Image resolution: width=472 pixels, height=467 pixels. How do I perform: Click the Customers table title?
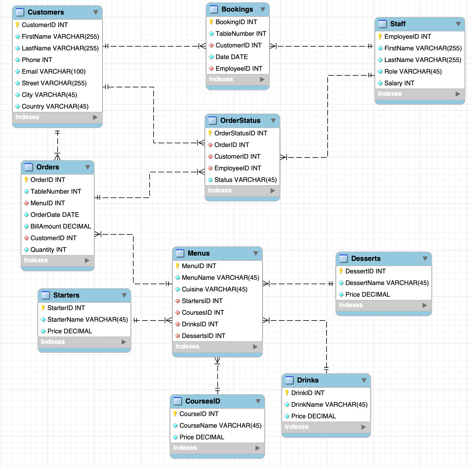(46, 12)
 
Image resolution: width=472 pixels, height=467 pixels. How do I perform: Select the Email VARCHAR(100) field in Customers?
(54, 72)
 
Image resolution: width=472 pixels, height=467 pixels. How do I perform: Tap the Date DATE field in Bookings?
(232, 57)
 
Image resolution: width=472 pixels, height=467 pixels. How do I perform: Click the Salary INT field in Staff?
(399, 83)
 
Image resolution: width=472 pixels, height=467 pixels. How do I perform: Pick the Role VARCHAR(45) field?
(413, 72)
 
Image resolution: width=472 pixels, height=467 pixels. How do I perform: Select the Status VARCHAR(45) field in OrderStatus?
(245, 180)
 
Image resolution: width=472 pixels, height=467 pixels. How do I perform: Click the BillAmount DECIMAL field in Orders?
(61, 227)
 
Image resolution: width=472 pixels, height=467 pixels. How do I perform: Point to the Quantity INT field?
(48, 250)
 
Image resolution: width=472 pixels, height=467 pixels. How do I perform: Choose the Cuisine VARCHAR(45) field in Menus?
(214, 289)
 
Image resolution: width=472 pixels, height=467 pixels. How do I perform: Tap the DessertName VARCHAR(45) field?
(387, 283)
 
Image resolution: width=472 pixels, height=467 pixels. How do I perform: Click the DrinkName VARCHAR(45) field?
(329, 405)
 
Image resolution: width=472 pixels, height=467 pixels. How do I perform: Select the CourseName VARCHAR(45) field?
(220, 426)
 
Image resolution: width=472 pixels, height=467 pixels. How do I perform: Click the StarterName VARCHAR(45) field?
(88, 320)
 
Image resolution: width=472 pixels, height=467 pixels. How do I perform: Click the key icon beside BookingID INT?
(211, 22)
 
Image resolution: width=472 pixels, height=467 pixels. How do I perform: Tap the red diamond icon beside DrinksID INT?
(178, 324)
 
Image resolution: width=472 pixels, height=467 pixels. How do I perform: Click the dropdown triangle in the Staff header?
(458, 24)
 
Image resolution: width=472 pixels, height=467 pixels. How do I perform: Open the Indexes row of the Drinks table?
(297, 427)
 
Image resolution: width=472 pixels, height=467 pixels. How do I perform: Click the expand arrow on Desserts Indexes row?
(425, 305)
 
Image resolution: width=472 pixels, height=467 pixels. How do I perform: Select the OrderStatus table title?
(240, 121)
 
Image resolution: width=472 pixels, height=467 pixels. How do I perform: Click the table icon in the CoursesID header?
(178, 401)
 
